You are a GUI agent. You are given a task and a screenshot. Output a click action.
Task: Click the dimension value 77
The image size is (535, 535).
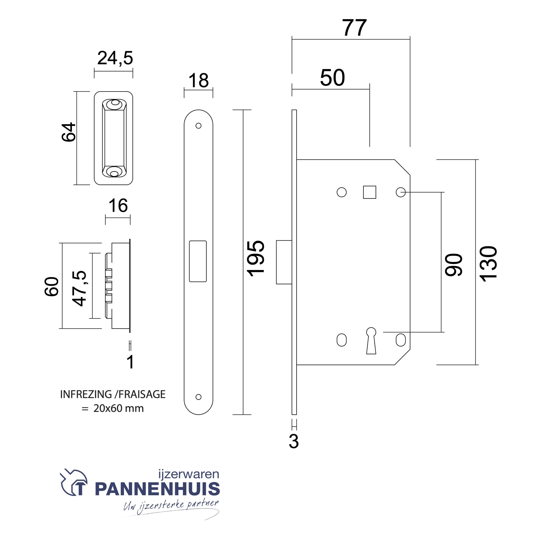click(354, 28)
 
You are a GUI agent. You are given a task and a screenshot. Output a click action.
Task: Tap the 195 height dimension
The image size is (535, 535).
click(256, 259)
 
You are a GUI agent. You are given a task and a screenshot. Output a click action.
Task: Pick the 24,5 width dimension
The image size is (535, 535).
click(115, 58)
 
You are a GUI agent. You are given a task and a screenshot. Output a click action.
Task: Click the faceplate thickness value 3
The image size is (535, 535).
click(294, 441)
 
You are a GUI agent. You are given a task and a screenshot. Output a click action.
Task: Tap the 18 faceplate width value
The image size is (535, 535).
click(198, 81)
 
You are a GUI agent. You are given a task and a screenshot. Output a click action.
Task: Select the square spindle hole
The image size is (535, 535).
click(369, 192)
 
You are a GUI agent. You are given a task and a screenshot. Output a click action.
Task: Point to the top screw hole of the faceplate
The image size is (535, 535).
click(198, 126)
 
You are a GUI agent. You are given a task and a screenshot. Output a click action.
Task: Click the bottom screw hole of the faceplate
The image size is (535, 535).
click(198, 397)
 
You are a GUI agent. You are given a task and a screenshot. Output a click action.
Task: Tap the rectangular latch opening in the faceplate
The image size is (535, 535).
click(198, 261)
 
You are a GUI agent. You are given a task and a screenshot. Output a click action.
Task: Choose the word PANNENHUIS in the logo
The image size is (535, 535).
click(157, 489)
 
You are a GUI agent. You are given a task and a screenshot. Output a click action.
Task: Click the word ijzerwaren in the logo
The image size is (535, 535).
click(189, 474)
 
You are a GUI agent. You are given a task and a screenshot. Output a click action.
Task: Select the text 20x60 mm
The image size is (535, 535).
click(118, 408)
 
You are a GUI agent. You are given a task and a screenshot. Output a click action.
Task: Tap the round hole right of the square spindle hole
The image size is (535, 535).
click(400, 192)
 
